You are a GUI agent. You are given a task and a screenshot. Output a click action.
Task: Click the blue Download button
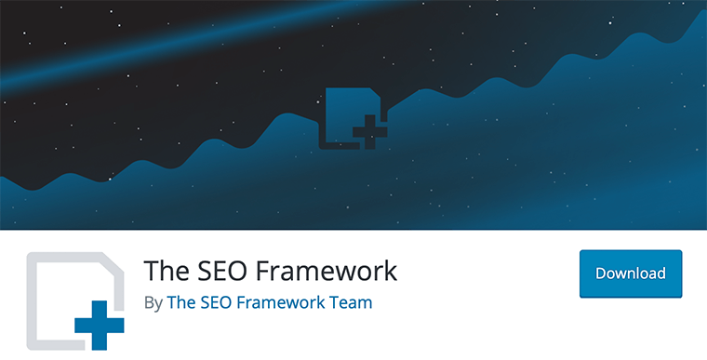tap(631, 273)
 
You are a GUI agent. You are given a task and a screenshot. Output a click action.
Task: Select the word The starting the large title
tap(164, 271)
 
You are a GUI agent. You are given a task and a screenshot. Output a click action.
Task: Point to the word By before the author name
tap(153, 303)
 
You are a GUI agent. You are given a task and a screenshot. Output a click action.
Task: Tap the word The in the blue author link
tap(180, 303)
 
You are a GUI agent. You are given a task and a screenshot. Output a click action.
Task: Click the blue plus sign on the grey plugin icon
tap(99, 327)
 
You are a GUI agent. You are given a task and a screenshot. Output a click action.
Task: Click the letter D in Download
tap(601, 273)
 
